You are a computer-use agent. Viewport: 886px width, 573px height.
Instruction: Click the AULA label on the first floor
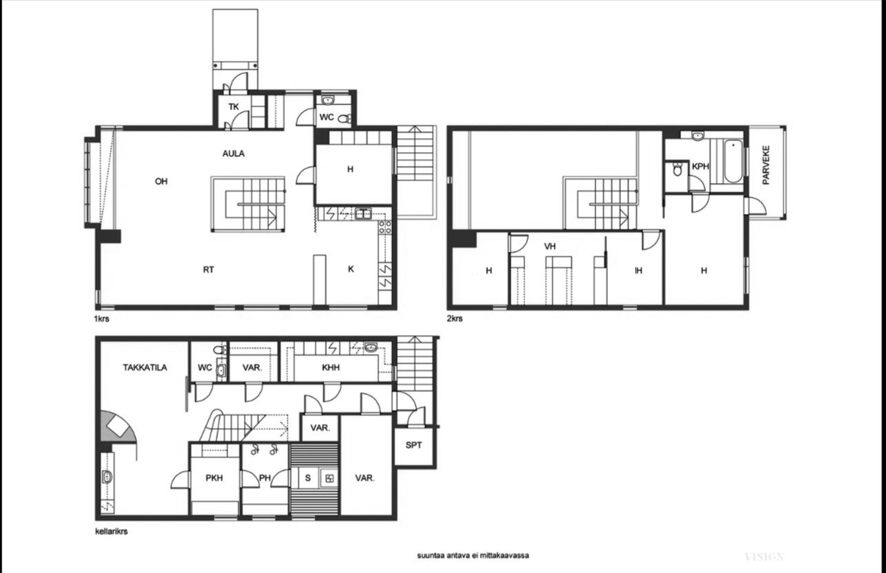233,153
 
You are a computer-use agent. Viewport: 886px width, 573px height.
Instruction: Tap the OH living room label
161,182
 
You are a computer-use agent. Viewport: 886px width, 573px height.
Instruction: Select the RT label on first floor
208,270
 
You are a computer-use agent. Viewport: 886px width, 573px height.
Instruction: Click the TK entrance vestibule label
234,106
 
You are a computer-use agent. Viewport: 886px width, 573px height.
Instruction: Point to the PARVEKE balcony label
766,165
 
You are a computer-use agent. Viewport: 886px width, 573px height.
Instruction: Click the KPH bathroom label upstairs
700,167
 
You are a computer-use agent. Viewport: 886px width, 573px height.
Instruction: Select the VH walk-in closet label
549,246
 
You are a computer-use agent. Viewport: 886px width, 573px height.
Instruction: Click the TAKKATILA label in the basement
145,367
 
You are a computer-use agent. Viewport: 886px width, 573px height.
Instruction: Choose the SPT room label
414,445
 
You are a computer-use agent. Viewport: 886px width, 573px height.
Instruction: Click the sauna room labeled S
308,478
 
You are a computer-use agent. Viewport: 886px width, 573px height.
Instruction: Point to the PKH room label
214,478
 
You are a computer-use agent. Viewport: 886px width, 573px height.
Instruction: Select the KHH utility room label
331,367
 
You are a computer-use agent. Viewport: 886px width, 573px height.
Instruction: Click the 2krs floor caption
455,319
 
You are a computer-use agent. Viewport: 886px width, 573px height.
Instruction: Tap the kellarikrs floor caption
111,531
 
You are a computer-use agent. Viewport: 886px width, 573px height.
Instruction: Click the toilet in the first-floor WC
344,118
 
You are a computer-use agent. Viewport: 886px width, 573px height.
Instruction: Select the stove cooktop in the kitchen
384,226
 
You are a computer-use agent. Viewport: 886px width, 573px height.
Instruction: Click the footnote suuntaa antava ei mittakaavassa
472,555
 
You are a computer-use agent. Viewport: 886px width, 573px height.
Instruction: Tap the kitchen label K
351,269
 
